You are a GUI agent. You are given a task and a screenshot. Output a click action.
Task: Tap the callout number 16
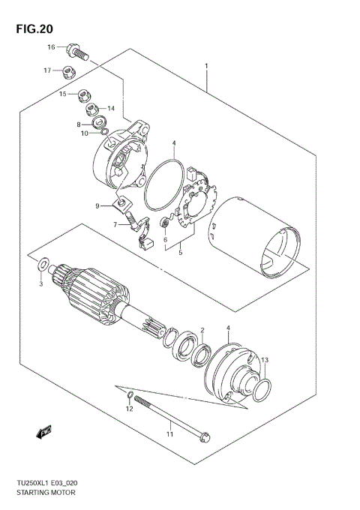tap(52, 48)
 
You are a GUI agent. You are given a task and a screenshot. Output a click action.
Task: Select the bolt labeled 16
tap(77, 52)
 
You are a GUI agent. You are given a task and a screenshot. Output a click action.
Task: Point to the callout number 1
tap(205, 67)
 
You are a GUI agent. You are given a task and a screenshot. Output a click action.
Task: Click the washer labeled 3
tap(43, 264)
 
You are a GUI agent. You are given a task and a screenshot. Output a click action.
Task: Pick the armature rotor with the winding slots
tap(97, 293)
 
